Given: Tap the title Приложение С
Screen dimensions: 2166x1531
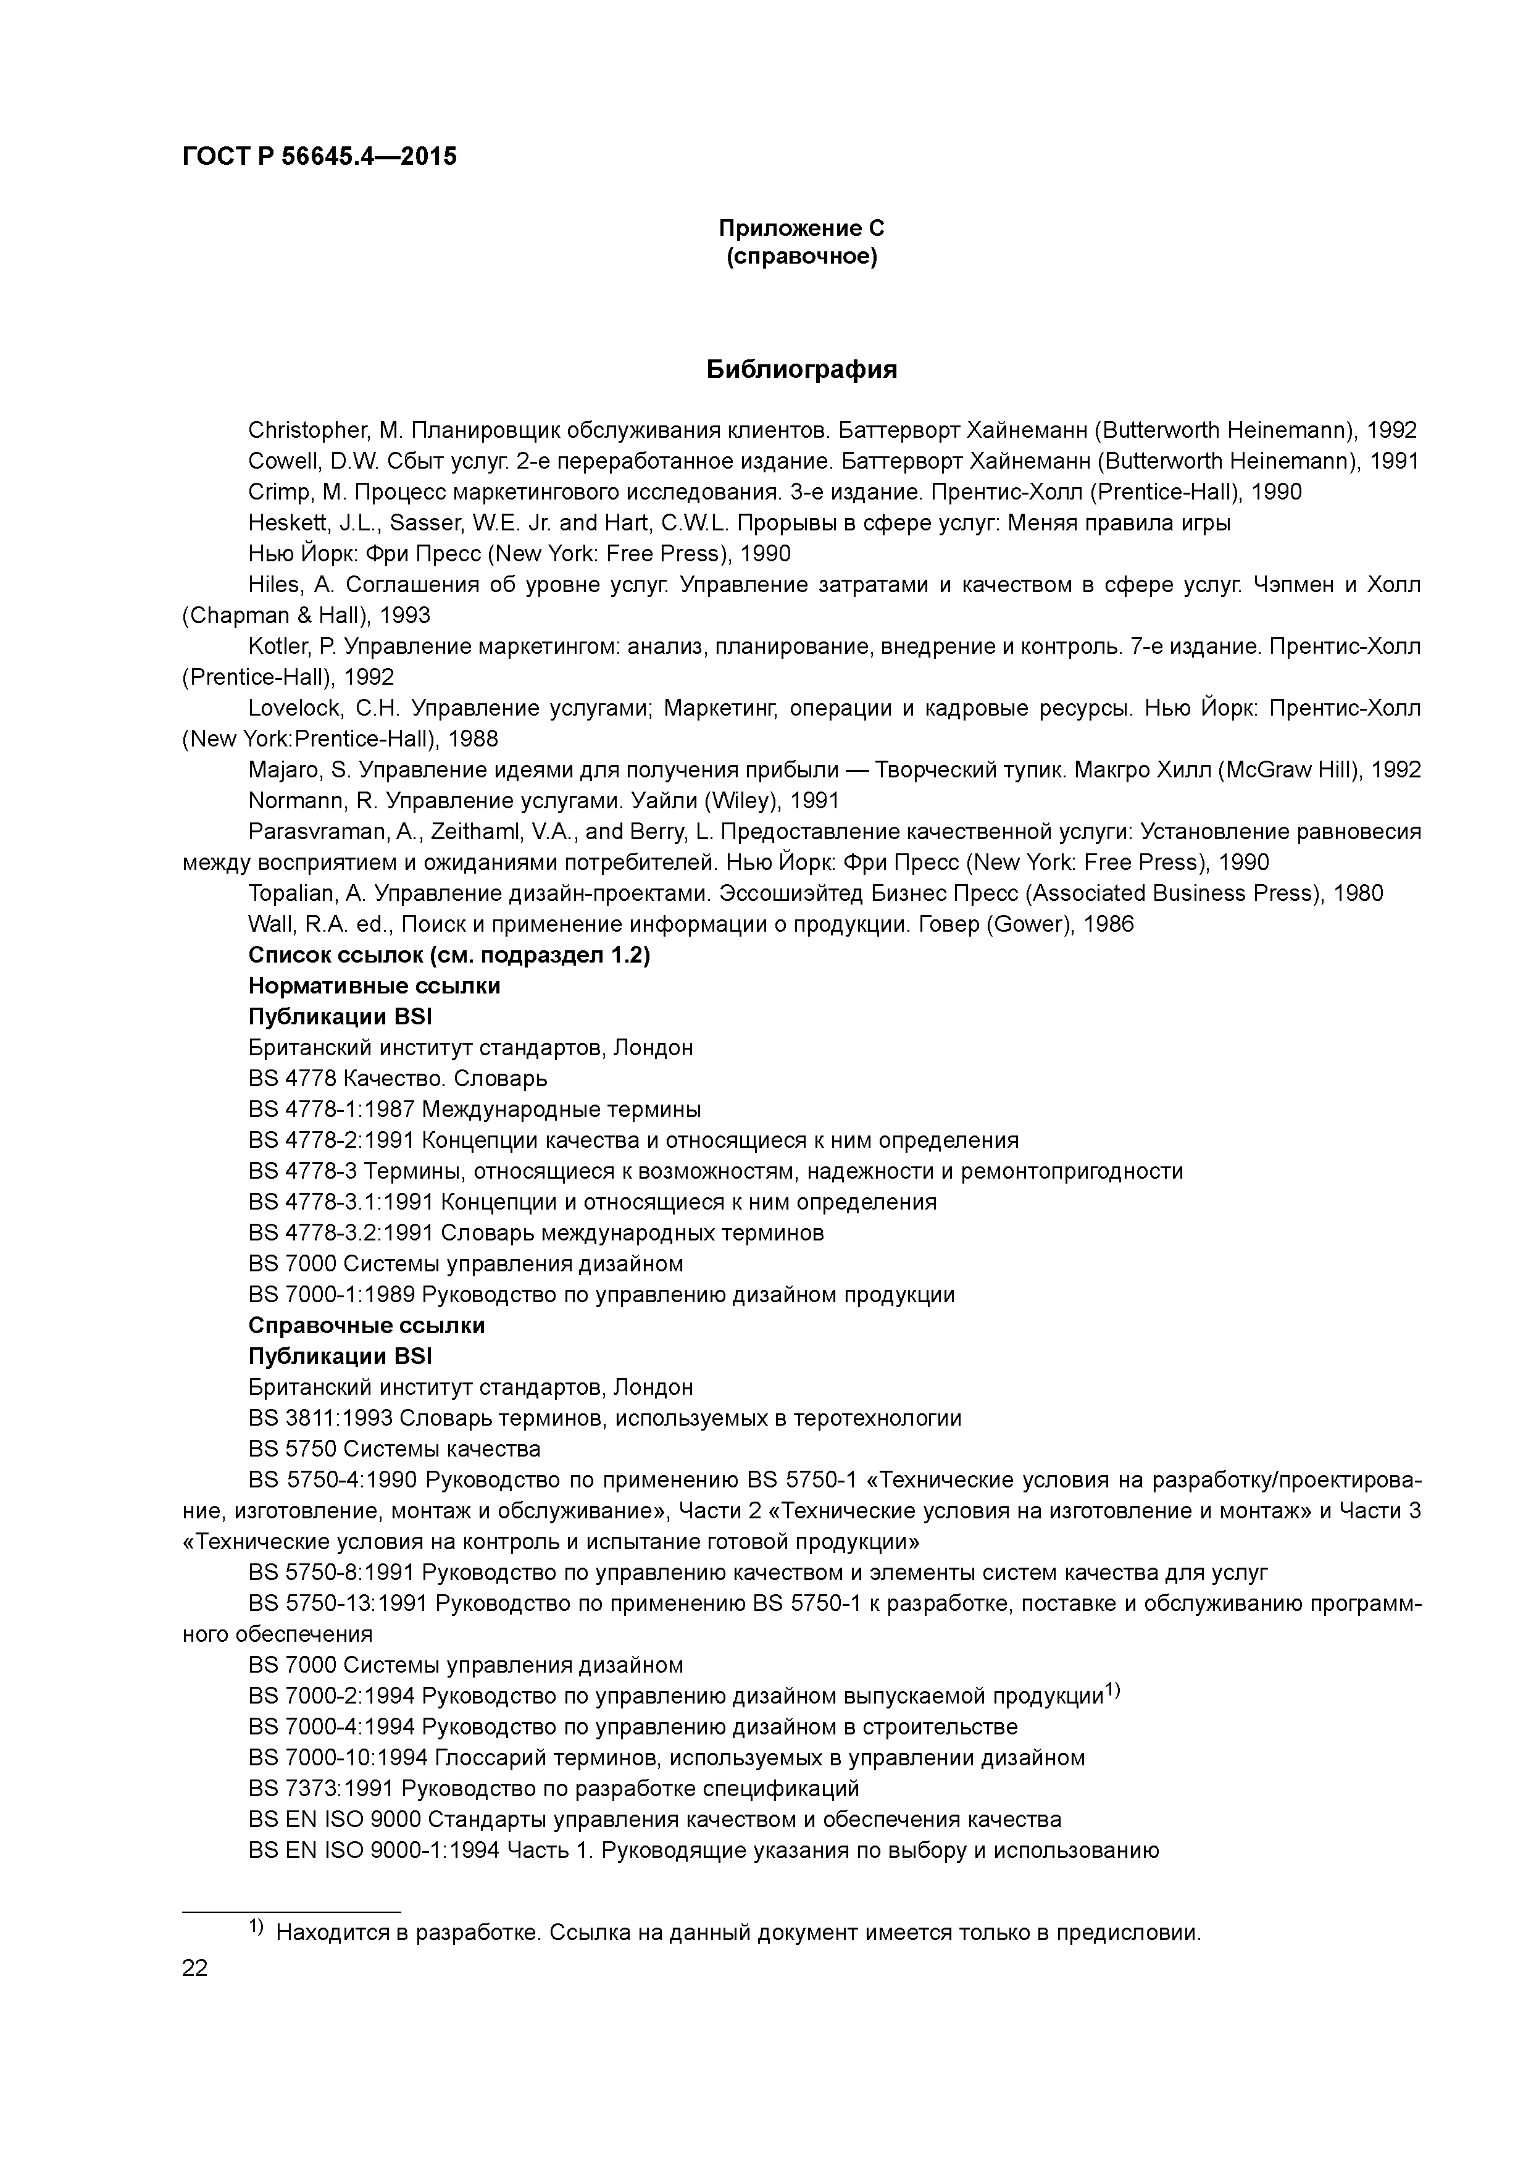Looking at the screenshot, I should click(801, 228).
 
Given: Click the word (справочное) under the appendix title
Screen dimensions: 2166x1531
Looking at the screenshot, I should click(801, 257).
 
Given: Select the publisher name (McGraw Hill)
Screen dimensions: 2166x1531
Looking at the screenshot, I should click(1290, 771).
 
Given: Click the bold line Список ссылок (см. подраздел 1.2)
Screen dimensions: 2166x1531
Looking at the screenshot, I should click(449, 956).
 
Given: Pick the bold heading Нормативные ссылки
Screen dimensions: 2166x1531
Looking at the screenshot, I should click(373, 987).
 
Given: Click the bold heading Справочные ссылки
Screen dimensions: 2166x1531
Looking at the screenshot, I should click(366, 1326).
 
